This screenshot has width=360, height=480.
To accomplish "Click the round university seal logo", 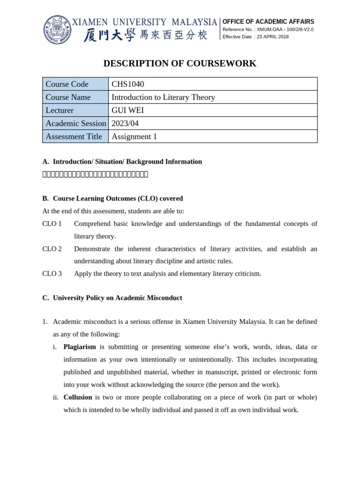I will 57,30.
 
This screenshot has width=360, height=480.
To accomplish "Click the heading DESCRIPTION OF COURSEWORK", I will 180,63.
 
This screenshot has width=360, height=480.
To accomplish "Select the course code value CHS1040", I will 127,84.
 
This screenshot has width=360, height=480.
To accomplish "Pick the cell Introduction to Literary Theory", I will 163,97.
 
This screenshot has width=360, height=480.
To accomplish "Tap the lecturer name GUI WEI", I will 127,110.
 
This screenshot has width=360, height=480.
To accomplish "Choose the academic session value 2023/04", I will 125,123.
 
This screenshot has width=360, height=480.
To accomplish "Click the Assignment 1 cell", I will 134,136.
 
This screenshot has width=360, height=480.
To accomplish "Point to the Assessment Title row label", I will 74,136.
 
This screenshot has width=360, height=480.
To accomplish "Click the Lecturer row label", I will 60,110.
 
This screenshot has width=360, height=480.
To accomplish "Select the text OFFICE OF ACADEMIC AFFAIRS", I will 268,22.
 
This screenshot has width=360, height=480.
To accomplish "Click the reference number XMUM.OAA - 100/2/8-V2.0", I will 285,29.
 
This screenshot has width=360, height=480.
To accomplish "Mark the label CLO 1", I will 52,224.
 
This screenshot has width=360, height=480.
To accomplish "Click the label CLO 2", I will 52,249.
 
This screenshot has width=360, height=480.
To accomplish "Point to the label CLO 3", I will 52,273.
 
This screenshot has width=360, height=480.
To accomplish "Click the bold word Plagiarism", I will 80,347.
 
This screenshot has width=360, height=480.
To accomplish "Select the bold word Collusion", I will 78,397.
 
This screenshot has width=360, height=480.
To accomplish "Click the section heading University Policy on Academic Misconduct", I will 117,298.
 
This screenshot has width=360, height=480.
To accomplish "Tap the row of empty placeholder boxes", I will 95,174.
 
